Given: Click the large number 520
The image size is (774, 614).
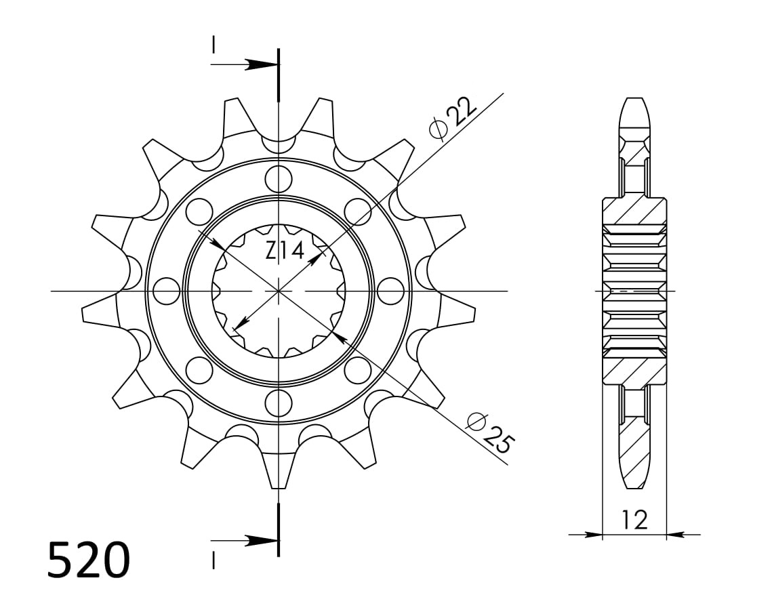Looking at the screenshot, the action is click(x=89, y=560).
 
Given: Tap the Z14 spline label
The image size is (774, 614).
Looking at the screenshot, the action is click(x=285, y=251).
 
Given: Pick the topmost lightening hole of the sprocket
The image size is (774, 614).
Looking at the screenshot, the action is click(x=279, y=179).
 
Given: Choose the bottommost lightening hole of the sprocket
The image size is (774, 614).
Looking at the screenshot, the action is click(x=279, y=403).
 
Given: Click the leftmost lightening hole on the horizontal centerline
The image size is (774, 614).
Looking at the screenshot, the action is click(x=166, y=291).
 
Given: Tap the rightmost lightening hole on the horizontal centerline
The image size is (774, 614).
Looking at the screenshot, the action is click(x=390, y=291).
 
